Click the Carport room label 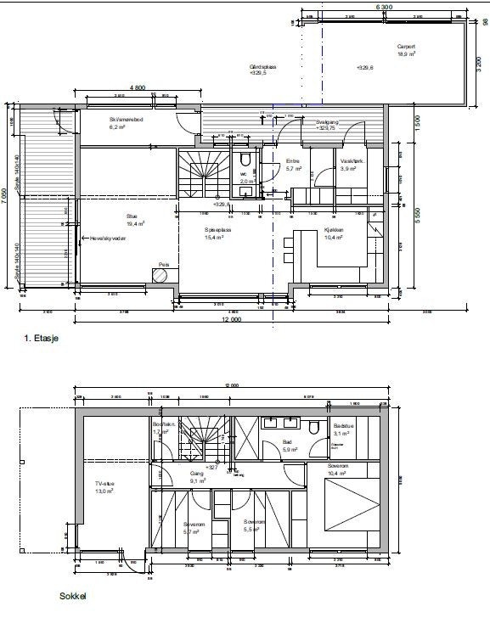(406, 48)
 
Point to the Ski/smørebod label (125, 121)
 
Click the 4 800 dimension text (138, 88)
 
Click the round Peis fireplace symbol (159, 273)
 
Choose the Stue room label (132, 216)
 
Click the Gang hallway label (196, 474)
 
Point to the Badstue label (343, 426)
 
